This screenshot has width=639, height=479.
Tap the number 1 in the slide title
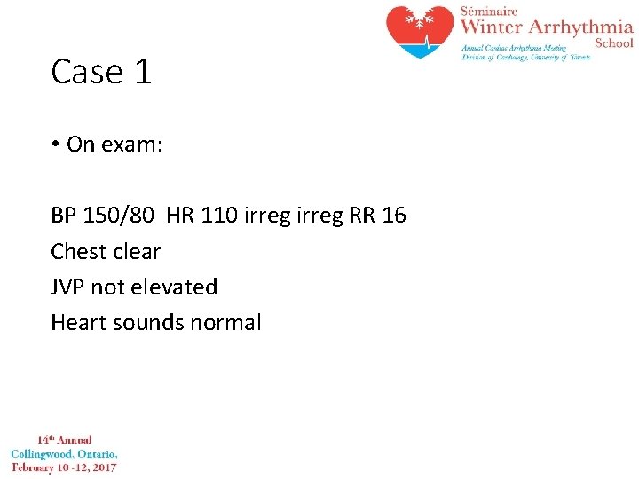143,72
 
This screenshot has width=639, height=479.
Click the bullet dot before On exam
55,145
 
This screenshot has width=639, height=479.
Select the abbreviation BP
64,216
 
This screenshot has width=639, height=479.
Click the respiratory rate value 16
393,216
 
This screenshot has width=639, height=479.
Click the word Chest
79,252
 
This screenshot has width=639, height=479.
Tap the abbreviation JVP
67,287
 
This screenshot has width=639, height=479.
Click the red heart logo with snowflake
420,31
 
